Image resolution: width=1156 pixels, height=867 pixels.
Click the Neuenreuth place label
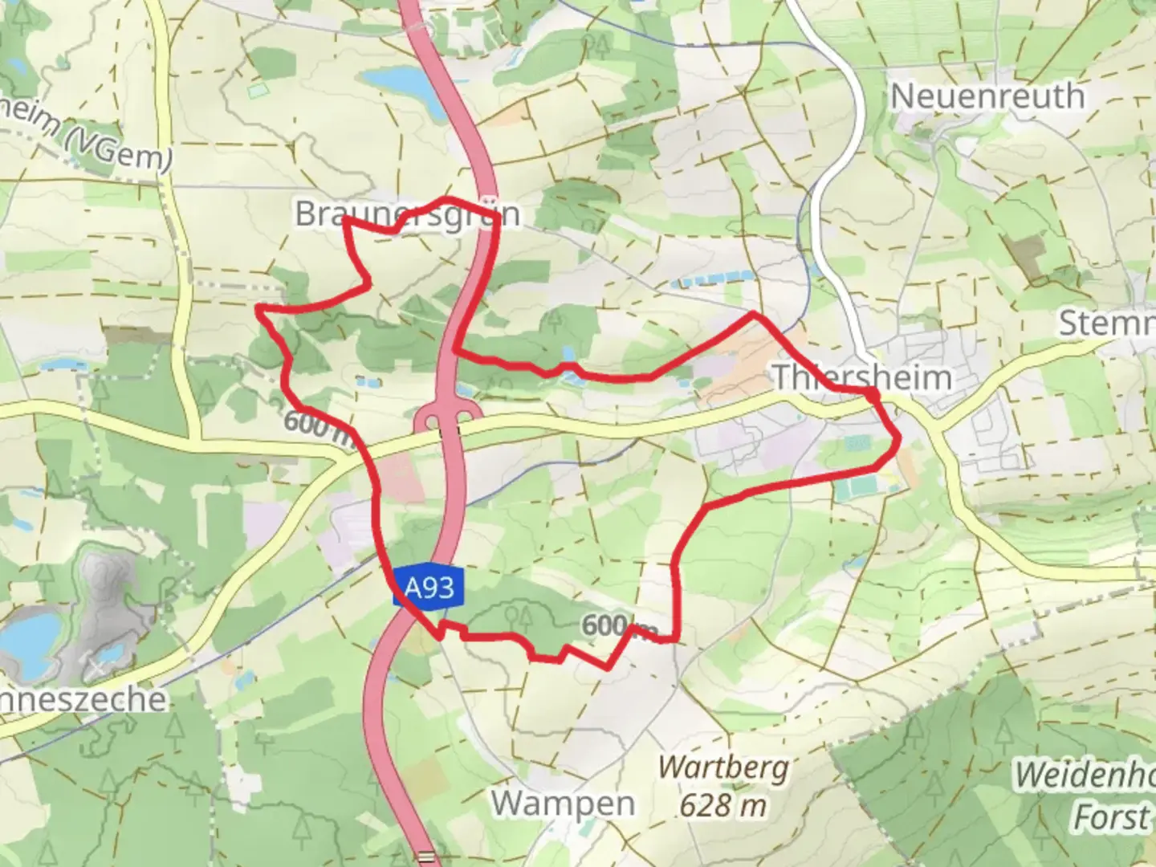(x=987, y=97)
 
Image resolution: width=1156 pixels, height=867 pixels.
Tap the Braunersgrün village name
(x=406, y=214)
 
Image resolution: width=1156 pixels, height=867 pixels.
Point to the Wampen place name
(x=563, y=802)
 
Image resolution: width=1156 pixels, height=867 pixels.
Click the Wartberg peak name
(x=722, y=768)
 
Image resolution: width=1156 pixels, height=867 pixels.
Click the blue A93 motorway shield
(x=429, y=589)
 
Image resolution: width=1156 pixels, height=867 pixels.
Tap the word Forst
(x=1110, y=818)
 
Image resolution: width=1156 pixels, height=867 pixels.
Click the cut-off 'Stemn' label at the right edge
(x=1106, y=323)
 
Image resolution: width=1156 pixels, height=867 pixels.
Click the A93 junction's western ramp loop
(x=429, y=420)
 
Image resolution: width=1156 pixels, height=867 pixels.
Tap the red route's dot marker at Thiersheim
(x=871, y=392)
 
